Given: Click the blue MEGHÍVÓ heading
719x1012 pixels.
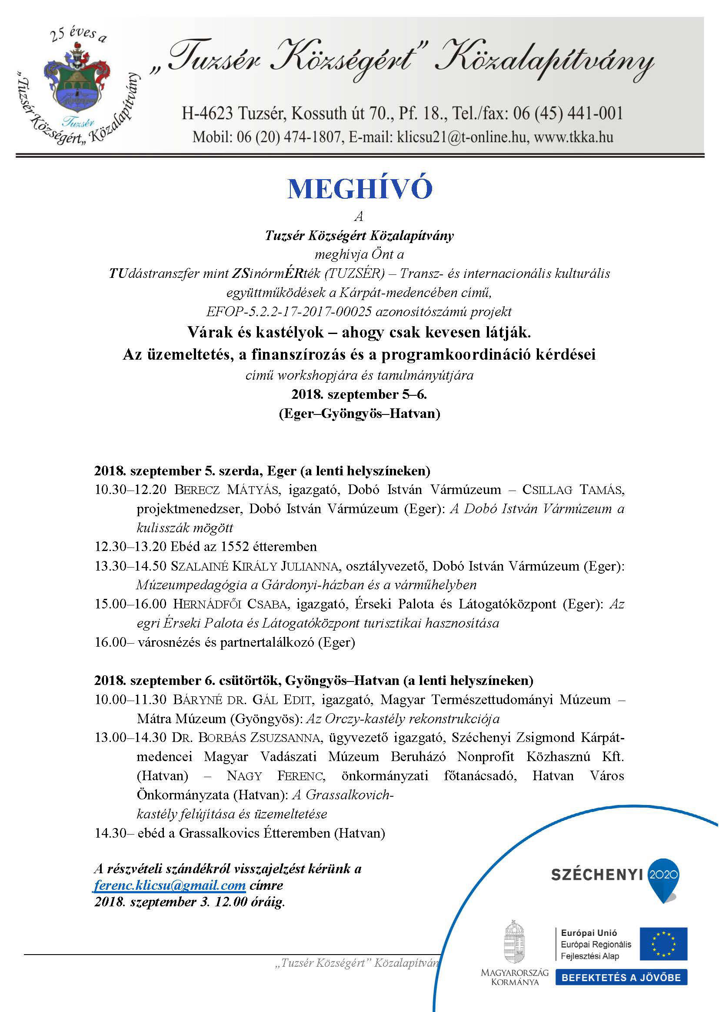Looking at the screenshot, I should point(359,189).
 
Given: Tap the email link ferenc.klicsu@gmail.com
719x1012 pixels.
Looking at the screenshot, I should point(170,885).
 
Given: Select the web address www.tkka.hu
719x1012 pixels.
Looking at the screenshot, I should point(573,137).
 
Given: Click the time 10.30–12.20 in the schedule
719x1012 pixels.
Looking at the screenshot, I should point(130,489).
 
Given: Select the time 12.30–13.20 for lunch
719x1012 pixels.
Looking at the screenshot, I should point(130,547).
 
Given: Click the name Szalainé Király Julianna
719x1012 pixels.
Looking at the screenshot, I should point(255,566).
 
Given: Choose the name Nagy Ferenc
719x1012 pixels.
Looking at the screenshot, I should point(275,776).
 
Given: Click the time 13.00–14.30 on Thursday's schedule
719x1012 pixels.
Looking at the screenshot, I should point(130,738).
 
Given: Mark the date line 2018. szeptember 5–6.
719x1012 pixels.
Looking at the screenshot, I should point(359,394).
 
